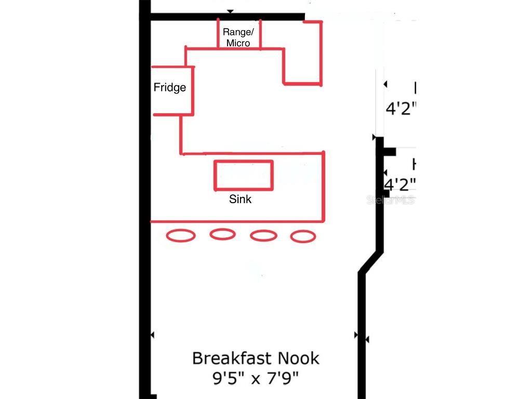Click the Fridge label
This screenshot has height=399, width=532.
(169, 87)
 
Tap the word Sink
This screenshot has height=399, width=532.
(240, 199)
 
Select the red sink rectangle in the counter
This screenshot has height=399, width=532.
(244, 176)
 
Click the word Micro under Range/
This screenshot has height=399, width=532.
(238, 43)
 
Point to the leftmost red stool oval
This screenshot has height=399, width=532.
(181, 236)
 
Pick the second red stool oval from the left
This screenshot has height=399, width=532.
(222, 234)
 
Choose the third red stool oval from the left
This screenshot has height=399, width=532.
(263, 235)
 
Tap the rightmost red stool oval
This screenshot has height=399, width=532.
(303, 237)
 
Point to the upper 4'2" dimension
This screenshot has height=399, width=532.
(401, 110)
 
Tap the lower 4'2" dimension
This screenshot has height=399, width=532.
(400, 184)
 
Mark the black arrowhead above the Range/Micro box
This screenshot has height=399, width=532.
(230, 11)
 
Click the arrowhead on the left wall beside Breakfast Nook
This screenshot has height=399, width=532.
(152, 335)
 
